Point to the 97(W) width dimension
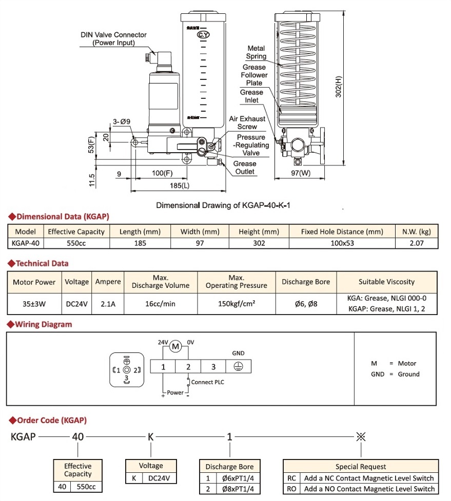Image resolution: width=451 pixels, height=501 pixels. click(x=299, y=173)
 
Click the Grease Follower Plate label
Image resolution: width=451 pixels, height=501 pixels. click(x=254, y=75)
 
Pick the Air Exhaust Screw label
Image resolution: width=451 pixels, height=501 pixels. click(x=247, y=122)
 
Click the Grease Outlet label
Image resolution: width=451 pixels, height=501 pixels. click(x=245, y=168)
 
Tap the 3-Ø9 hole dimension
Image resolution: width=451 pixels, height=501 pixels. click(x=122, y=121)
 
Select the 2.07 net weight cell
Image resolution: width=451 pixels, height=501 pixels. click(x=416, y=243)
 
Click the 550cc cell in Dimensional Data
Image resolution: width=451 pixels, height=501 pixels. click(x=76, y=243)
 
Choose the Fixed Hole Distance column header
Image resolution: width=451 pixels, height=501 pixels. click(x=342, y=232)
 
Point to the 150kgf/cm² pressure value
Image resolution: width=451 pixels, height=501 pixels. click(x=236, y=304)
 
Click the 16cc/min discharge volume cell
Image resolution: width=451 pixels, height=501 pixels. click(x=160, y=304)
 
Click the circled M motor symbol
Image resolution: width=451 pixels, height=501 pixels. click(x=176, y=347)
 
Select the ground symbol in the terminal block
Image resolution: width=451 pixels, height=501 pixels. click(x=238, y=366)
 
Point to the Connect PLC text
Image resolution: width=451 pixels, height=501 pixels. click(x=207, y=382)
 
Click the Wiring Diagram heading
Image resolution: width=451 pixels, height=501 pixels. click(x=43, y=324)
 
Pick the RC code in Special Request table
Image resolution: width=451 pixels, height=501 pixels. click(x=291, y=478)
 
